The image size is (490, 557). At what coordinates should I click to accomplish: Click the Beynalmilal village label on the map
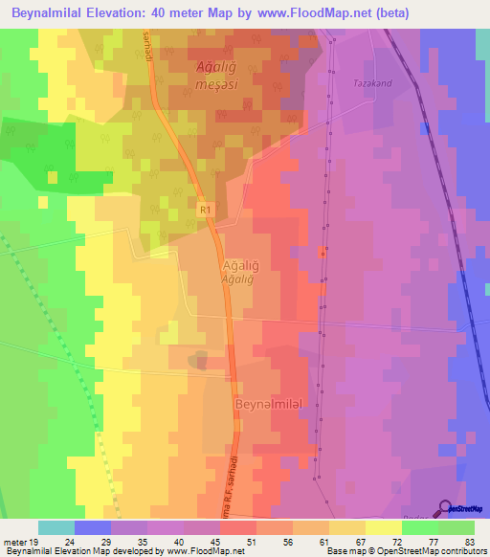pos(269,405)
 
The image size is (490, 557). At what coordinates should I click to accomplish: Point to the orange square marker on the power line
pos(323,253)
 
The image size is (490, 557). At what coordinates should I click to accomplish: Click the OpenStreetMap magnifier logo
pos(445,509)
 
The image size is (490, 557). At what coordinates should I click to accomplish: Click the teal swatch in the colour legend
pos(56,527)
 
